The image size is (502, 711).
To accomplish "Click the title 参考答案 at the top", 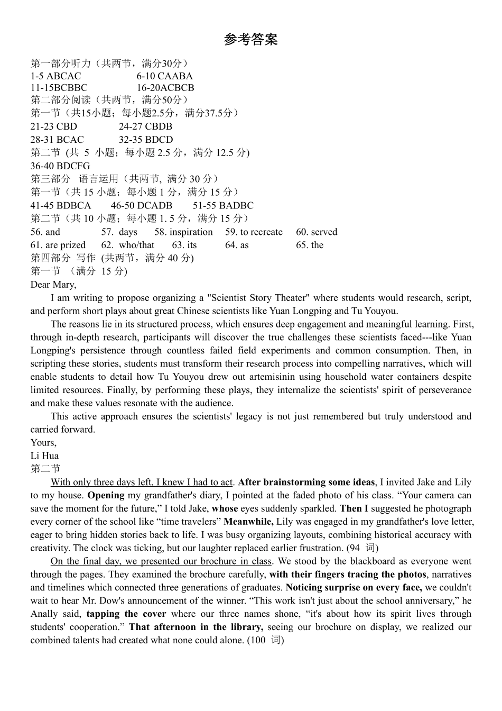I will click(250, 40).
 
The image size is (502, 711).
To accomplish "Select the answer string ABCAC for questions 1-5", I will click(64, 76).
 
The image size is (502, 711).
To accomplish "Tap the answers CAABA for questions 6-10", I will click(175, 76).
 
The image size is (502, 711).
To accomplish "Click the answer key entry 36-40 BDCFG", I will click(60, 166).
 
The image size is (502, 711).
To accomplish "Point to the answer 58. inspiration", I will click(183, 232).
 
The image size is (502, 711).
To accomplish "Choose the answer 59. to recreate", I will click(254, 232).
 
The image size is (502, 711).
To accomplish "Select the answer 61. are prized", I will click(58, 245).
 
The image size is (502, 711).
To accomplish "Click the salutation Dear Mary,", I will click(53, 285).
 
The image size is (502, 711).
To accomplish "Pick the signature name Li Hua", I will click(44, 455).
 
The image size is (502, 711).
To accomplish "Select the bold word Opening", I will click(106, 495).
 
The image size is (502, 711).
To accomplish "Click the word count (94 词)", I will click(362, 548).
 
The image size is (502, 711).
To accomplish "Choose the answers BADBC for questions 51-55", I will click(236, 205).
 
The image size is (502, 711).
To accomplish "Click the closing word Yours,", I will click(43, 443).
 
